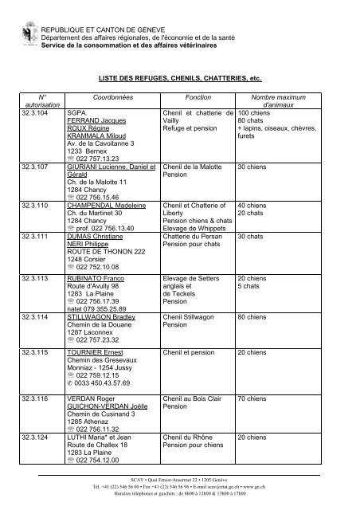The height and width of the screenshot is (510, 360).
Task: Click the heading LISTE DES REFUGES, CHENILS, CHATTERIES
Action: click(x=179, y=80)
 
